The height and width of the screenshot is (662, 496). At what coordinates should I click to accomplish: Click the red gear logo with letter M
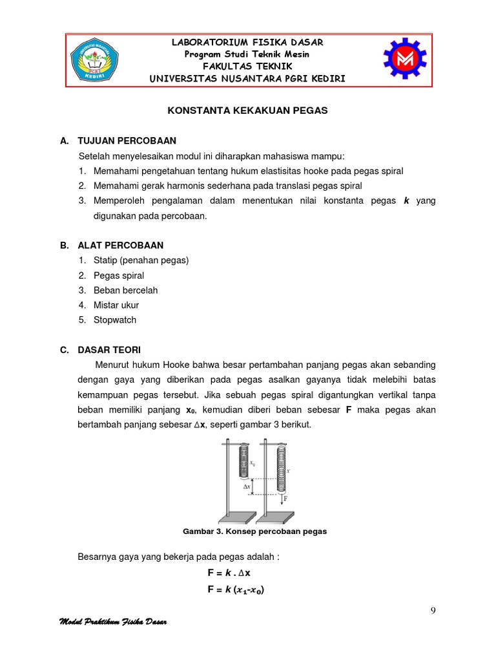pyautogui.click(x=405, y=60)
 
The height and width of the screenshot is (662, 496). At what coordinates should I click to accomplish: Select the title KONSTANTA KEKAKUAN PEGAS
pyautogui.click(x=247, y=111)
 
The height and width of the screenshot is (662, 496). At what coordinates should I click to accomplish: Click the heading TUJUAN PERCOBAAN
pyautogui.click(x=127, y=141)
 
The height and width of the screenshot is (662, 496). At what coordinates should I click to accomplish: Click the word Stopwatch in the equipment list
pyautogui.click(x=114, y=320)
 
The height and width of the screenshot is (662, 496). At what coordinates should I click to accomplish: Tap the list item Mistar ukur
pyautogui.click(x=116, y=305)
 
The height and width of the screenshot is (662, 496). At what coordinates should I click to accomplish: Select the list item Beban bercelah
pyautogui.click(x=125, y=290)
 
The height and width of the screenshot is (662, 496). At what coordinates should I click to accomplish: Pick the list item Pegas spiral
pyautogui.click(x=119, y=275)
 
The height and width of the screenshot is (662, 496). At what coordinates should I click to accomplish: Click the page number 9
pyautogui.click(x=432, y=611)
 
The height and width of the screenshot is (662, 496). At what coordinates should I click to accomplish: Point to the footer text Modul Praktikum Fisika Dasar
pyautogui.click(x=113, y=623)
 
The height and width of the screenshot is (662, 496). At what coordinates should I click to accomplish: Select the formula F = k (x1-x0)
pyautogui.click(x=236, y=590)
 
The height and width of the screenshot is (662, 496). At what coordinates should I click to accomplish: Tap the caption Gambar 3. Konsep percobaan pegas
pyautogui.click(x=255, y=531)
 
